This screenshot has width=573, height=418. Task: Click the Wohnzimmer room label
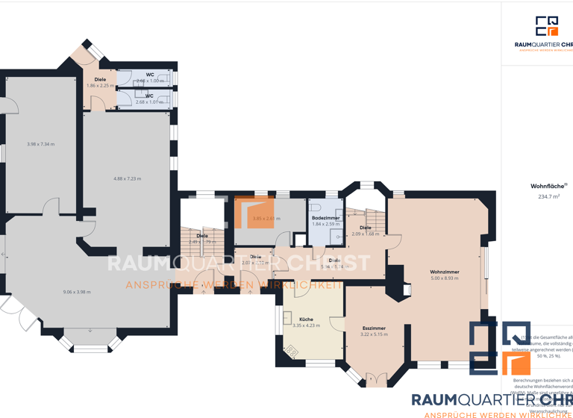(444, 272)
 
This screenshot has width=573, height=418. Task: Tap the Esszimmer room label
(373, 328)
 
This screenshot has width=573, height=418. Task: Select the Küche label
(306, 319)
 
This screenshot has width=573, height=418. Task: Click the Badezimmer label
(325, 218)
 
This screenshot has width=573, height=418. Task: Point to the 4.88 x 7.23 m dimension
(127, 178)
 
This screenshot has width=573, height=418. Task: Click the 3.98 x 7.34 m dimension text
(40, 144)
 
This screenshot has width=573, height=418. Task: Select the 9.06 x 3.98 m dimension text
(77, 292)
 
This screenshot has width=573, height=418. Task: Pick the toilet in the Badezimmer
(316, 207)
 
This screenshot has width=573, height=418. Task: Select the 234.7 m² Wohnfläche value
(549, 196)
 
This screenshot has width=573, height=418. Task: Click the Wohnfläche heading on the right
(548, 186)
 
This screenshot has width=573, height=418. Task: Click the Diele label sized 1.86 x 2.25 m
(100, 82)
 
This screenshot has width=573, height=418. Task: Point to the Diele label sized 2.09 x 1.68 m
(366, 231)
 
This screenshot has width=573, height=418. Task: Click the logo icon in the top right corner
(546, 26)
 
